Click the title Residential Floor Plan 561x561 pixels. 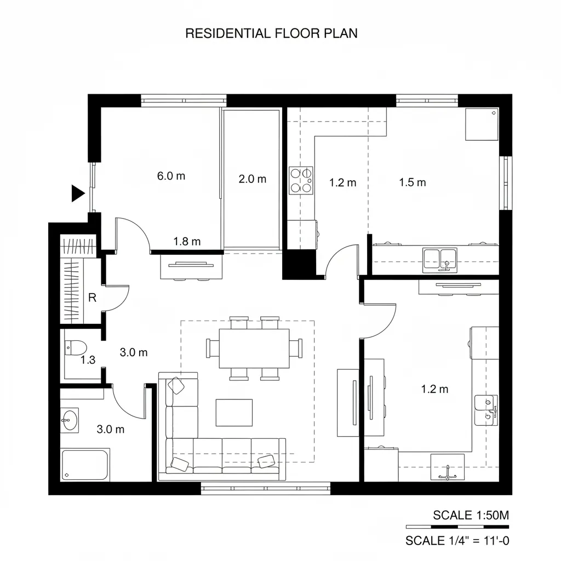tap(271, 33)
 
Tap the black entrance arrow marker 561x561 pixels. tap(78, 193)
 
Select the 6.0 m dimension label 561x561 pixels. tap(171, 176)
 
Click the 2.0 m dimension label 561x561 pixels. tap(253, 179)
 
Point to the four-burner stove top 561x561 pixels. tap(301, 180)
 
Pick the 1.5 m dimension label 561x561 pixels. tap(413, 182)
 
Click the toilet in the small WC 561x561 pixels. tap(75, 347)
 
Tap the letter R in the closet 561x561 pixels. tap(92, 299)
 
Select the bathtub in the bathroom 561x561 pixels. tap(85, 463)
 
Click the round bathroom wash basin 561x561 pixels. tap(69, 421)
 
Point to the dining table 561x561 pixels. tap(254, 348)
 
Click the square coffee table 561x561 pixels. tap(234, 412)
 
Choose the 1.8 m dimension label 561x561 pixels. tap(187, 241)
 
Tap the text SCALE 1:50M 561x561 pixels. tap(471, 515)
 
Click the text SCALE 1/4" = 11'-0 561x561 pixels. tap(457, 541)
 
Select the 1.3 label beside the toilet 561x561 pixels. tap(88, 360)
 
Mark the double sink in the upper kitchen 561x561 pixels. tap(440, 258)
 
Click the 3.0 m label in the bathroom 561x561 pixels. tap(110, 430)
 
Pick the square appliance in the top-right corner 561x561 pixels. tap(481, 124)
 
